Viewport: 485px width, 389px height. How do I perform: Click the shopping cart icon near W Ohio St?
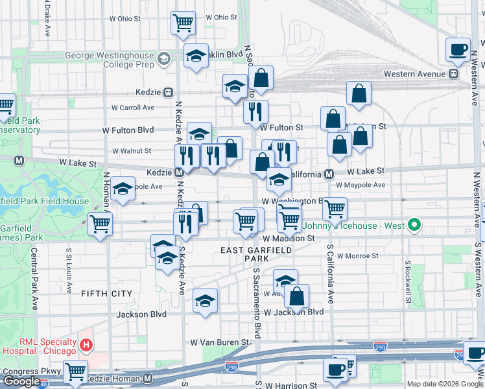[183, 23]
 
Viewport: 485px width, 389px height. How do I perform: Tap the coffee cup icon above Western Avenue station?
[458, 49]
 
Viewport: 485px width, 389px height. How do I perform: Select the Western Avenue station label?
[417, 74]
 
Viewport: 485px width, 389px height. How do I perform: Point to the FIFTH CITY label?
[106, 294]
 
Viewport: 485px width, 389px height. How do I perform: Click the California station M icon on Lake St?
[329, 174]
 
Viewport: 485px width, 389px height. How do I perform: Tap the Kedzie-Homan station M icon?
[147, 378]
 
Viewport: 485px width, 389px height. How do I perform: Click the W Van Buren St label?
[219, 342]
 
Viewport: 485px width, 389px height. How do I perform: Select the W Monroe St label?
[357, 255]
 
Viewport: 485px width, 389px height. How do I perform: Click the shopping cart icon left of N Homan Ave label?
[100, 224]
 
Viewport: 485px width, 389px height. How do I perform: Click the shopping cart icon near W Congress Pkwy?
[75, 371]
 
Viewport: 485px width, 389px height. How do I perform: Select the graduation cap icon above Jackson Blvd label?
[206, 300]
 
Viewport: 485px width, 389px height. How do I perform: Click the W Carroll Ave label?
[133, 108]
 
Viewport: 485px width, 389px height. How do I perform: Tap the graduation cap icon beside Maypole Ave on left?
[123, 188]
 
